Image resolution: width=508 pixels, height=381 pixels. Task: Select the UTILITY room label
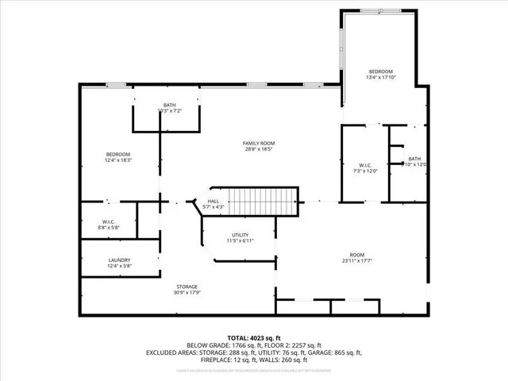(241, 235)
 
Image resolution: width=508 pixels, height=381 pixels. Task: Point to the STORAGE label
(187, 287)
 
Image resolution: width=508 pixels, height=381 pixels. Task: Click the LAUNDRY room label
(119, 260)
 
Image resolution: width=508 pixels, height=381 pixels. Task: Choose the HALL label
(214, 202)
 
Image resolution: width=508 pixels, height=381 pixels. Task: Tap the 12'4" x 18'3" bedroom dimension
(118, 160)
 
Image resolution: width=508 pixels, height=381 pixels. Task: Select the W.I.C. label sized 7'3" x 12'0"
(366, 170)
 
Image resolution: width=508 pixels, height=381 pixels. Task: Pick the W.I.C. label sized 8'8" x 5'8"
(109, 228)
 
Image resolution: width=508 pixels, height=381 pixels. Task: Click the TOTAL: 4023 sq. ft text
(253, 337)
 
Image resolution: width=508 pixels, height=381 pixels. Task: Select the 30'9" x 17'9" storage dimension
(187, 293)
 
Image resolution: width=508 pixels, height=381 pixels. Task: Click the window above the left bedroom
(116, 84)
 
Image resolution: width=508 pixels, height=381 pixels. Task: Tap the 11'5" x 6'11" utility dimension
(241, 241)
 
